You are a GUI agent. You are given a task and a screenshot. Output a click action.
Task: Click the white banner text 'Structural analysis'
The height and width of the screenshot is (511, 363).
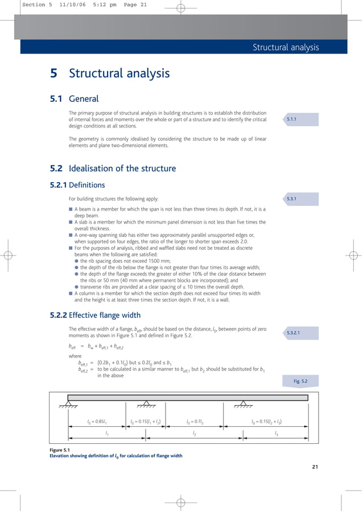tap(286, 48)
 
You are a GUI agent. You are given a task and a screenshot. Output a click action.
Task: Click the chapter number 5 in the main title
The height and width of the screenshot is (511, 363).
tap(53, 73)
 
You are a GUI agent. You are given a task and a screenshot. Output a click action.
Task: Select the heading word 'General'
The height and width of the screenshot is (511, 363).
tap(84, 99)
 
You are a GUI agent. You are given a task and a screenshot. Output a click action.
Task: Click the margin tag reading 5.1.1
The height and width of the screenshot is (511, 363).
tap(293, 119)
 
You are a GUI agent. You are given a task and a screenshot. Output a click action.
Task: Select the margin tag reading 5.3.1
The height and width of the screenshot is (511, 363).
tap(293, 199)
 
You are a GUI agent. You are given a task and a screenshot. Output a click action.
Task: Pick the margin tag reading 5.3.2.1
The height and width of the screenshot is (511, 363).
tap(295, 332)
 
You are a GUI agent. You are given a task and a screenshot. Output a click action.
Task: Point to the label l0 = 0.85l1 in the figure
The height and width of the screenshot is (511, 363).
tap(98, 422)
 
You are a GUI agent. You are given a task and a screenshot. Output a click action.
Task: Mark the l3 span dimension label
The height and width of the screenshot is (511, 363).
tap(277, 434)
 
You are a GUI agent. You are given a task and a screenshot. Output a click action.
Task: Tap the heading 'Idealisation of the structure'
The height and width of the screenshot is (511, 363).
tap(122, 168)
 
